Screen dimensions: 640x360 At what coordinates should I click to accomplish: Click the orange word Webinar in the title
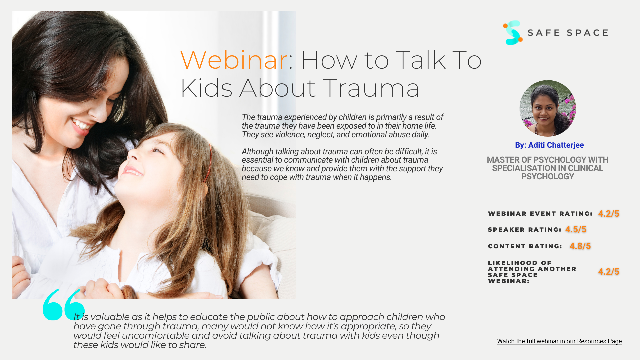coord(234,60)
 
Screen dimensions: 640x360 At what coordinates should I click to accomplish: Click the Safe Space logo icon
coord(512,33)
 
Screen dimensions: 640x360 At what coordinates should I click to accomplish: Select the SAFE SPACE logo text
coord(568,33)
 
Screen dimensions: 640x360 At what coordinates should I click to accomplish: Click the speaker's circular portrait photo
coord(548,108)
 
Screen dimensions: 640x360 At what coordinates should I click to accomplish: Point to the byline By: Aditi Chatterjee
coord(549,145)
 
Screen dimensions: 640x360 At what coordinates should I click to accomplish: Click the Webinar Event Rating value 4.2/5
coord(609,214)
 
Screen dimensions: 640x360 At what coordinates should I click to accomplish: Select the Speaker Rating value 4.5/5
coord(576,229)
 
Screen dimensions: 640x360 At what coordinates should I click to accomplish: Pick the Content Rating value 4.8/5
coord(580,246)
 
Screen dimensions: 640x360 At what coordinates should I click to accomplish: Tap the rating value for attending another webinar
coord(609,272)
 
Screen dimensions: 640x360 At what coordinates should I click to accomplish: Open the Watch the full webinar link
coord(559,341)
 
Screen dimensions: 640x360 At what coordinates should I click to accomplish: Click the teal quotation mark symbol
coord(64,305)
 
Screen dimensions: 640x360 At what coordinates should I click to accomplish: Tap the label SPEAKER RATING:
coord(525,230)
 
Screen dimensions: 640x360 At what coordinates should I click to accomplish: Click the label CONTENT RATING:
coord(525,246)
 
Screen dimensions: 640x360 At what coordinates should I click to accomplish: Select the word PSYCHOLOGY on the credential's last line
coord(548,176)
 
